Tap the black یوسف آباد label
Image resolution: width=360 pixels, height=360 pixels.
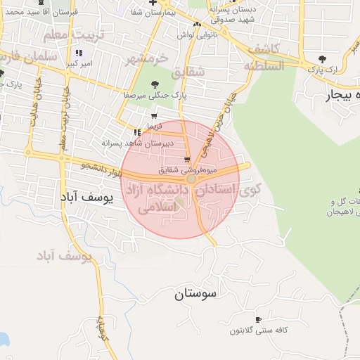tap(86, 198)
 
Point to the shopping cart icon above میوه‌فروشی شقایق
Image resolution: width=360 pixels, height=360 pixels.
tap(187, 159)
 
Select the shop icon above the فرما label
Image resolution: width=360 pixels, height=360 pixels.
tap(154, 116)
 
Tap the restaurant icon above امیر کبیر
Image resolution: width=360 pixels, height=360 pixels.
tap(79, 53)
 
